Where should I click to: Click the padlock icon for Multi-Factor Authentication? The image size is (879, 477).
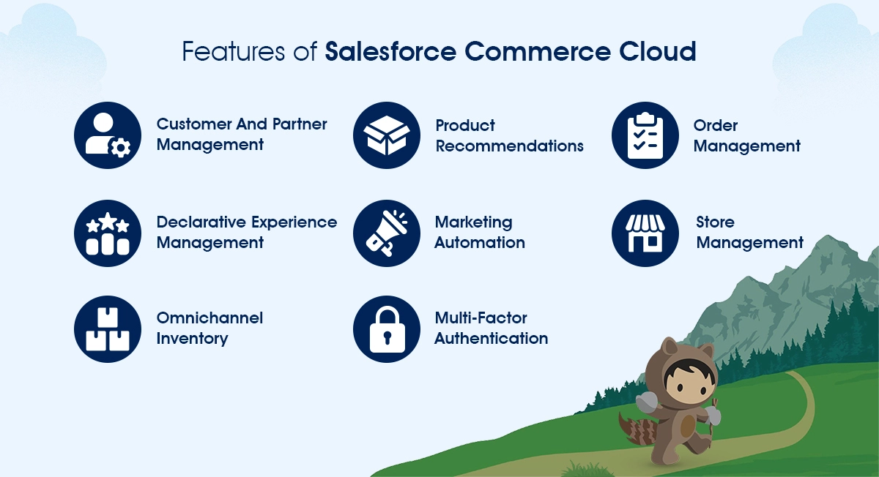(x=387, y=328)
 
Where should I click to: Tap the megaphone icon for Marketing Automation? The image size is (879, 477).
(x=387, y=233)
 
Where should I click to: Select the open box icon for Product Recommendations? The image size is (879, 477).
(x=387, y=135)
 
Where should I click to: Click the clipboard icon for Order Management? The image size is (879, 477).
(x=645, y=135)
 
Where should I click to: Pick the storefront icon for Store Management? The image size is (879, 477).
(x=645, y=233)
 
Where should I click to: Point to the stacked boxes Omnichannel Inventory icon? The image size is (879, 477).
(x=108, y=328)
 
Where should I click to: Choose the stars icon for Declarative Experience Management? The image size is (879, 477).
(x=108, y=233)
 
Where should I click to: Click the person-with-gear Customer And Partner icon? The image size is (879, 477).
(x=108, y=135)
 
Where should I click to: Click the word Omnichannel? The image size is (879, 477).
(x=209, y=318)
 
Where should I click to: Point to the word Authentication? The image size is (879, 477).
(x=491, y=339)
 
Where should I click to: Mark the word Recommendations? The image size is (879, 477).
(x=509, y=146)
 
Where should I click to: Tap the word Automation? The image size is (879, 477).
(x=479, y=243)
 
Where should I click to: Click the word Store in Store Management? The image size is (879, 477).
(x=715, y=222)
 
